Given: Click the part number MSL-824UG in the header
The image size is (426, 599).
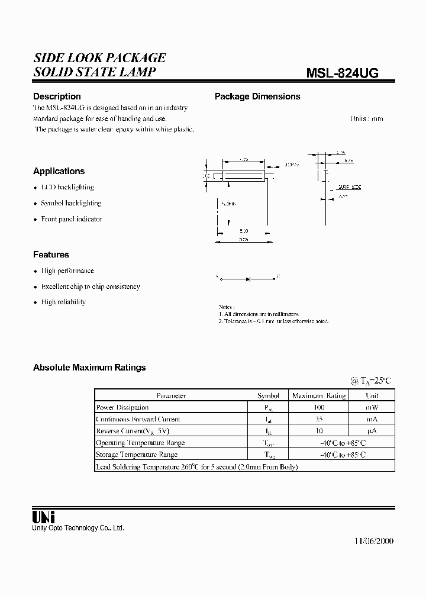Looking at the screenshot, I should pyautogui.click(x=342, y=73).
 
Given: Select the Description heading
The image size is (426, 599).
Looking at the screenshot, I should pyautogui.click(x=57, y=96).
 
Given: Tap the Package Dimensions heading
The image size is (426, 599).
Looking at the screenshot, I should pyautogui.click(x=257, y=96).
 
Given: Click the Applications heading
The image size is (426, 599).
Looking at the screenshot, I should pyautogui.click(x=59, y=171).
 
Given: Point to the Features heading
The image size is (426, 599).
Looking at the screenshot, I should pyautogui.click(x=51, y=255).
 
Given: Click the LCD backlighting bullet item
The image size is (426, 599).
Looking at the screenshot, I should pyautogui.click(x=67, y=187).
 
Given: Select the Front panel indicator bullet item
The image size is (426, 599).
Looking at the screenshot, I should pyautogui.click(x=72, y=219).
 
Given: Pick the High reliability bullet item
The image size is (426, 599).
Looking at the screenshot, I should pyautogui.click(x=63, y=302).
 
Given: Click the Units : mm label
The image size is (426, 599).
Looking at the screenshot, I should pyautogui.click(x=366, y=118).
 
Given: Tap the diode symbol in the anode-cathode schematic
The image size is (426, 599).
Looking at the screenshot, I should pyautogui.click(x=247, y=276).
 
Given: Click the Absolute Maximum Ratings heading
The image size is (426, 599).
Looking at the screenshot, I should pyautogui.click(x=89, y=368).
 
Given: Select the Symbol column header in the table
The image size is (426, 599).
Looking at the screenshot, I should pyautogui.click(x=267, y=395).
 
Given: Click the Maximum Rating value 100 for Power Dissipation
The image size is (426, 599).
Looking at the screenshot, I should pyautogui.click(x=319, y=407).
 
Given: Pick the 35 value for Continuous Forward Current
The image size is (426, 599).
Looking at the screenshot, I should pyautogui.click(x=319, y=419).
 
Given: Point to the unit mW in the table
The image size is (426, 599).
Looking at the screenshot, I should pyautogui.click(x=372, y=407).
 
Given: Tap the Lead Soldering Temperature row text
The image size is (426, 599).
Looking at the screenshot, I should pyautogui.click(x=196, y=466).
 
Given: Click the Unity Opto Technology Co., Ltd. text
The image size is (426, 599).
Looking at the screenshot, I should pyautogui.click(x=78, y=528).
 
